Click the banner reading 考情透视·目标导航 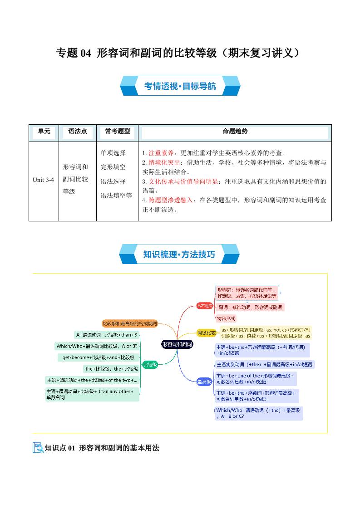(180, 86)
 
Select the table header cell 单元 (44, 132)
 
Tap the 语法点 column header (77, 132)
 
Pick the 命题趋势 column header (235, 132)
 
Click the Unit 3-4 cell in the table (44, 180)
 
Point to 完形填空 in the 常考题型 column (113, 167)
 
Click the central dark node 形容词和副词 (177, 344)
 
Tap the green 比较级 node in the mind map (150, 364)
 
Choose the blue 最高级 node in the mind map (204, 382)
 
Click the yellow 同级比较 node (206, 333)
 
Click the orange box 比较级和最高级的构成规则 (129, 323)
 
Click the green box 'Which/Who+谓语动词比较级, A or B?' (97, 346)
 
